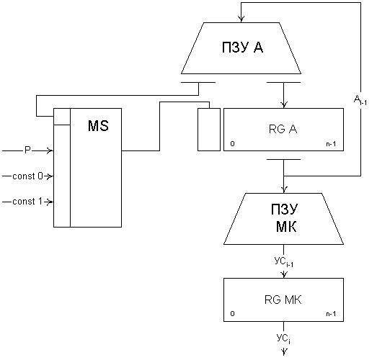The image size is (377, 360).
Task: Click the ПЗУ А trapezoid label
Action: coord(242,48)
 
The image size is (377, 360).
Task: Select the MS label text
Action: coord(98,125)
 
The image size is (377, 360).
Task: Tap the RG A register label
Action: coord(283,129)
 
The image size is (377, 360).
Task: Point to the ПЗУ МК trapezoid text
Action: coord(285,217)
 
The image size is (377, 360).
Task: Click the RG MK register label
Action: coord(283,300)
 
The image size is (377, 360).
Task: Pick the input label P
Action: coord(27,150)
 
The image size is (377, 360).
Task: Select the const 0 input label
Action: coord(27,176)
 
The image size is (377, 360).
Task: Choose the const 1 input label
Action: coord(27,202)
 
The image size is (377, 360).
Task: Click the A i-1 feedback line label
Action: coord(360,100)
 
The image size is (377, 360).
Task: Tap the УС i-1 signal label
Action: coord(284,261)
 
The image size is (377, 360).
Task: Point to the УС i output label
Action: coord(283,338)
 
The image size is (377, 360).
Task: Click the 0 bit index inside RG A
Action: coord(232,143)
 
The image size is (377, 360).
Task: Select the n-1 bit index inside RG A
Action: coord(331,144)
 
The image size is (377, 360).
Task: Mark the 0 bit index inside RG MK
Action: coord(232,314)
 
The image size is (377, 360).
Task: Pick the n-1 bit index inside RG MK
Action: coord(331,314)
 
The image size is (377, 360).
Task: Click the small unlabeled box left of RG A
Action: coord(209,130)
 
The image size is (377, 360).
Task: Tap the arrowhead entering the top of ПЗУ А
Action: coord(241,19)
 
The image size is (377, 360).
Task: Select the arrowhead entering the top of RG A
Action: coord(284,104)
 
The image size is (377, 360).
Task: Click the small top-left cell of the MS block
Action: coord(62,117)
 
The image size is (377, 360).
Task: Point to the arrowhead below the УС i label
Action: coord(284,352)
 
